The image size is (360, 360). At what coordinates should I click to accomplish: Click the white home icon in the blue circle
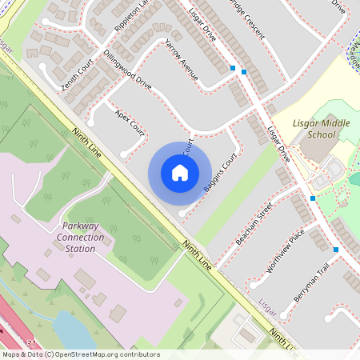click(180, 173)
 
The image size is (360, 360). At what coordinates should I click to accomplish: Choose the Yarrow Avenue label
click(180, 59)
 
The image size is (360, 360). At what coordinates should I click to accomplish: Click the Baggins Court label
click(217, 174)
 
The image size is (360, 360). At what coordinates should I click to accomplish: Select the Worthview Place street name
click(286, 250)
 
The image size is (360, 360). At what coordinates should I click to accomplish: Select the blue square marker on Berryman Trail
click(336, 250)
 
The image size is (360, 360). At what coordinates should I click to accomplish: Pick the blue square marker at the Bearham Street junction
click(312, 198)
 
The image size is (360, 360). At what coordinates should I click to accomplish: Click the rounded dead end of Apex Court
click(124, 154)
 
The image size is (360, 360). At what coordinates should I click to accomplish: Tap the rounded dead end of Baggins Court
click(182, 214)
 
